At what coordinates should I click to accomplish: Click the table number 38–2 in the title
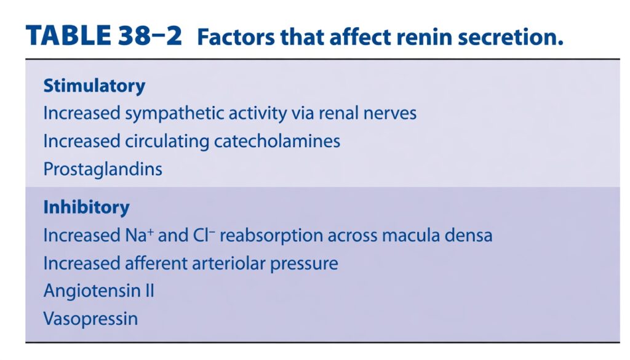point(150,35)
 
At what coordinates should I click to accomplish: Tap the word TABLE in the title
point(68,35)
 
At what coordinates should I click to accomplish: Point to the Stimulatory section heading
point(94,86)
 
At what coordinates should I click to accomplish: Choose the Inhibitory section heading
point(86,207)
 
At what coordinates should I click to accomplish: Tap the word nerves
point(389,113)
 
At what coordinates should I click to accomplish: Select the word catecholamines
point(277,142)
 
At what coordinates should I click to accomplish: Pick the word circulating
point(167,142)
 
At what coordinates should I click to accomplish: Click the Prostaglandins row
point(103,170)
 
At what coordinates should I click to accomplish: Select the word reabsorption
point(271,236)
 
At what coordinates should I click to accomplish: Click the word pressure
point(304,265)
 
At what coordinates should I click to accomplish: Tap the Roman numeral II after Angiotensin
point(149,291)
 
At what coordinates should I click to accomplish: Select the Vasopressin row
point(90,319)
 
